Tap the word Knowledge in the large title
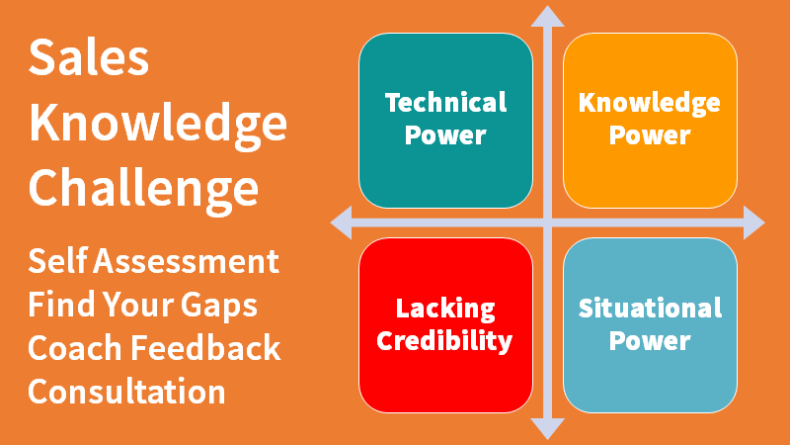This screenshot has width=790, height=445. [x=158, y=124]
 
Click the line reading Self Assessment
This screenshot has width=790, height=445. [x=153, y=262]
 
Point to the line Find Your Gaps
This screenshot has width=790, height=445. [x=143, y=305]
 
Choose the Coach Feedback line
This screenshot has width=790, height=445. [x=154, y=348]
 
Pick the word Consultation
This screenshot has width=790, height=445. [x=126, y=391]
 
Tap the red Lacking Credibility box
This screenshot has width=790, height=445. [x=445, y=324]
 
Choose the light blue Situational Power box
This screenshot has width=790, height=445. [x=649, y=324]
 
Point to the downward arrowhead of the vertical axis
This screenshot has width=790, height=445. [x=547, y=427]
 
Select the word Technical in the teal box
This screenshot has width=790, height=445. [x=445, y=103]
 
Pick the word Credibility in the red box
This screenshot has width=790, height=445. [x=445, y=341]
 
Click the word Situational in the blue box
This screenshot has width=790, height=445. [x=649, y=308]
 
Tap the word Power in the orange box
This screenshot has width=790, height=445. [x=649, y=135]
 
